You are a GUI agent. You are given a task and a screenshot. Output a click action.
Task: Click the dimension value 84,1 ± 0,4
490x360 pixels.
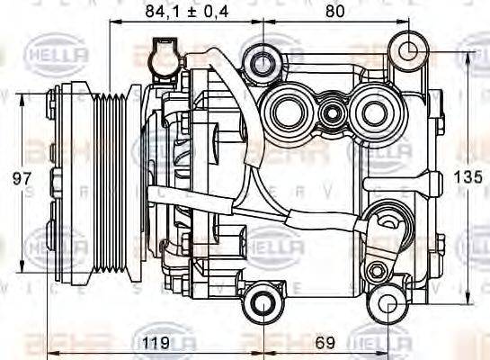tap(185, 12)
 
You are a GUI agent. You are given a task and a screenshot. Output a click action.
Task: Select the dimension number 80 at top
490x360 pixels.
tap(334, 12)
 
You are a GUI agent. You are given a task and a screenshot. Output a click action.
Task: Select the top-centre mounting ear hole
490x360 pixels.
tap(263, 62)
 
